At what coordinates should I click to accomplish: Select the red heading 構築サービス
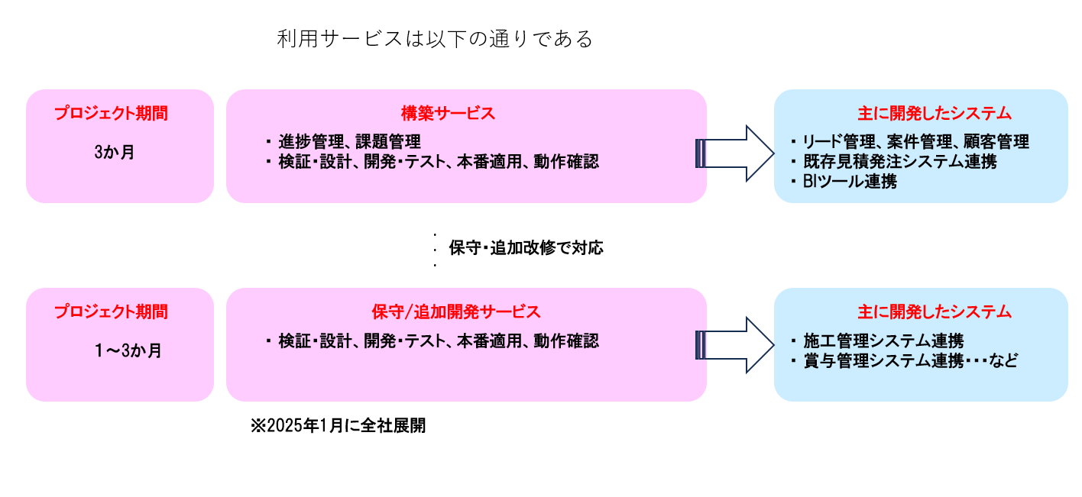(449, 114)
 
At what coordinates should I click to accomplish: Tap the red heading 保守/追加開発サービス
(456, 312)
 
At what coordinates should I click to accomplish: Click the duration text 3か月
(115, 152)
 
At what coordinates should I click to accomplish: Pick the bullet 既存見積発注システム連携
(899, 161)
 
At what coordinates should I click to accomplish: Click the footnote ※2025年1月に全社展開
(338, 426)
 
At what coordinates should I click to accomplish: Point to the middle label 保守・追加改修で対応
(526, 248)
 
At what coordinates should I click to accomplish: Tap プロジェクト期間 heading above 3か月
(111, 114)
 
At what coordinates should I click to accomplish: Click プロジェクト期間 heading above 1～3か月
(111, 312)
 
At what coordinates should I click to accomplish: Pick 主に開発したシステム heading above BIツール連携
(935, 114)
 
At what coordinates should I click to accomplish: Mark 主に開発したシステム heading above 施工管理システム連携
(935, 312)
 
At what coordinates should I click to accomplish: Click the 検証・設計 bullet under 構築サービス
(439, 162)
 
